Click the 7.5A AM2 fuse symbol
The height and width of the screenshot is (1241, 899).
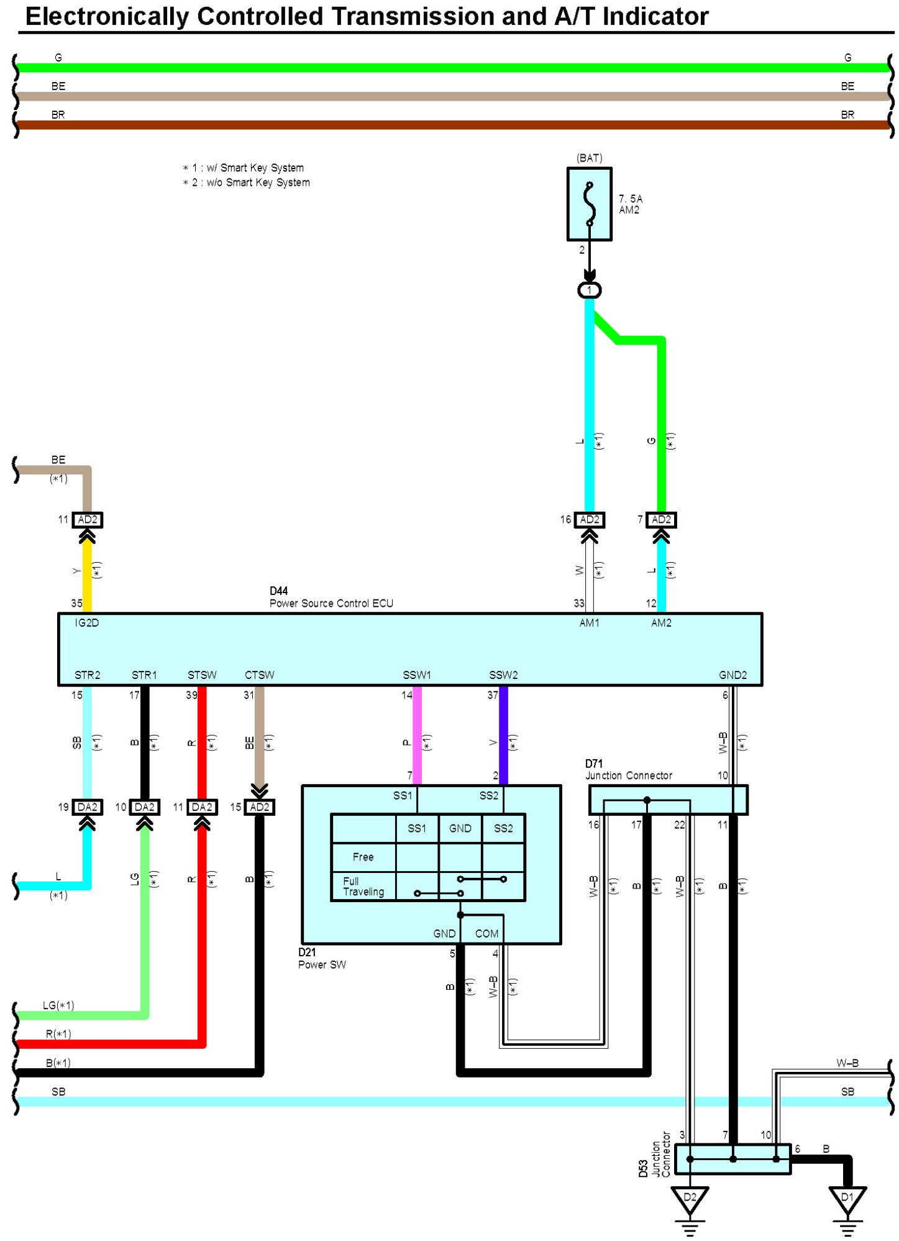coord(589,204)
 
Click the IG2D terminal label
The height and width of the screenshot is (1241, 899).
coord(86,623)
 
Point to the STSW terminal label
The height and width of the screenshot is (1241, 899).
coord(202,675)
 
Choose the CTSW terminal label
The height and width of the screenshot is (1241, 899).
coord(259,675)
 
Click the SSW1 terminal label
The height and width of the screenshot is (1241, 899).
coord(416,675)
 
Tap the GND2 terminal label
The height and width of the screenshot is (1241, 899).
coord(732,675)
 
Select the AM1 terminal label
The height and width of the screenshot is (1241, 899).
coord(589,623)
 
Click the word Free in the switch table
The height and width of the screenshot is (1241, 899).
coord(363,857)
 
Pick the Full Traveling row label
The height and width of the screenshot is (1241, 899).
coord(363,887)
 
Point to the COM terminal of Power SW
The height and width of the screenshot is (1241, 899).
coord(486,934)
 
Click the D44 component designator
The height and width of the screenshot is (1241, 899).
coord(278,591)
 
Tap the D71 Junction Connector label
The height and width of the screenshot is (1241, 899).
coord(628,770)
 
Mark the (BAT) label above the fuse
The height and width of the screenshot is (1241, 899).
coord(589,158)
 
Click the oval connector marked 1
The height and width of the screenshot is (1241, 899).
coord(589,290)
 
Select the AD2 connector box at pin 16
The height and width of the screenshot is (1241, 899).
coord(589,520)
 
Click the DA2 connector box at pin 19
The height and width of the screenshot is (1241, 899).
coord(87,807)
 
